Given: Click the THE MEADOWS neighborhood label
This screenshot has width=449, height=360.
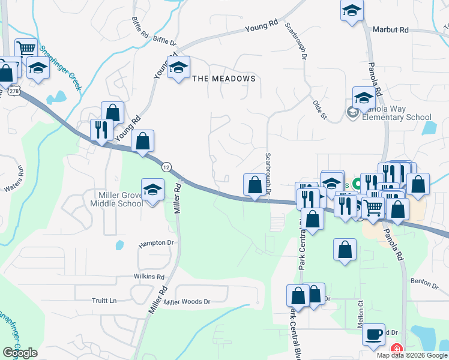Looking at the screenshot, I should pos(224,79).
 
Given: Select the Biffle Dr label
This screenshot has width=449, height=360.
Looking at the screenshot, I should pos(164,42).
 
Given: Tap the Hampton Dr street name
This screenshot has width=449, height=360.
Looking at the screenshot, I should pos(155,244).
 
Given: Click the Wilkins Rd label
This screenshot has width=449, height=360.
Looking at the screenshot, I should pos(149,277).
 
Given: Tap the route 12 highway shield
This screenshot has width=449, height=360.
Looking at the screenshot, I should pos(166,165).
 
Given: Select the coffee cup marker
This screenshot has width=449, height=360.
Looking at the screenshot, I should pos(374,334).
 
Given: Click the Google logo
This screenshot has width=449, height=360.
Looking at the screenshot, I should pos(20,353).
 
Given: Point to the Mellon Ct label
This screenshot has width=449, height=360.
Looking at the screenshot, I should pos(361,311).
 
